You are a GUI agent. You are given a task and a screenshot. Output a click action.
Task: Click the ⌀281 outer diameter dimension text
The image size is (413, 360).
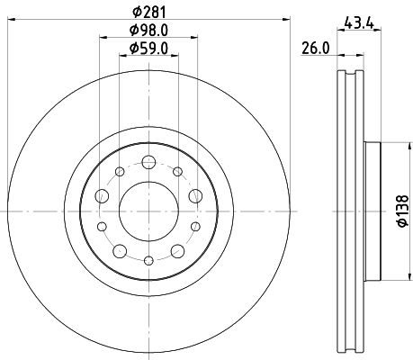tap(147, 12)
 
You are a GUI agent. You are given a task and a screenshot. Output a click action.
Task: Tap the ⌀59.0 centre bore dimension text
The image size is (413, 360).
tap(147, 49)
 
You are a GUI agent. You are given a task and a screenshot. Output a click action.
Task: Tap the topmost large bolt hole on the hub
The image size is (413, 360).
tap(147, 163)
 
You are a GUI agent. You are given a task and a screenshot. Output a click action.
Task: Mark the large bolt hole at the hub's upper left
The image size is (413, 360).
tap(98, 194)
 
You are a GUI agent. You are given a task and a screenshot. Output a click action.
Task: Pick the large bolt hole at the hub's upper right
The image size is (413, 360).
tap(195, 194)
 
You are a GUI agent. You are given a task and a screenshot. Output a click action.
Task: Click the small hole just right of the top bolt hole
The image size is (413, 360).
tap(178, 171)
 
